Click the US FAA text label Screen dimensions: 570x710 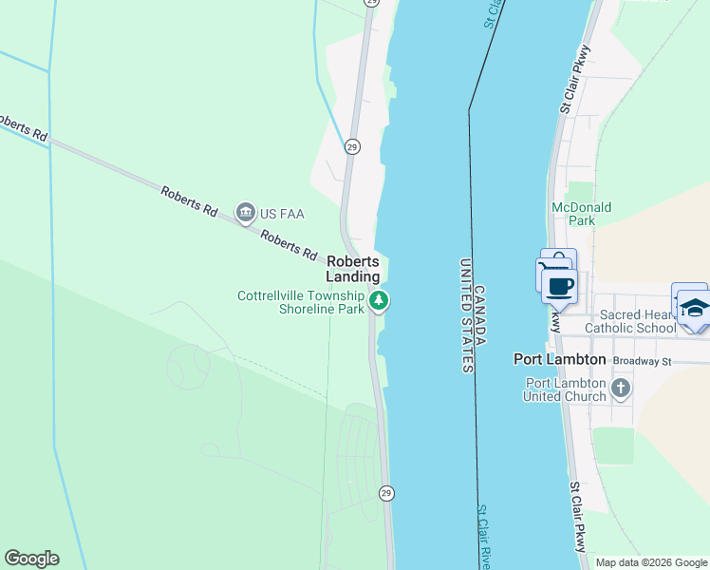283,214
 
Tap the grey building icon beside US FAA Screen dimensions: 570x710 246,213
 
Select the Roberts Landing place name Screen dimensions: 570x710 353,269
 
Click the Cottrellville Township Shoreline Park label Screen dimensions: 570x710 301,302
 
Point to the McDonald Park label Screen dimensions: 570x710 582,214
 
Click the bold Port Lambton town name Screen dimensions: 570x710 559,359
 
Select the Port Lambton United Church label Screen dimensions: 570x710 565,389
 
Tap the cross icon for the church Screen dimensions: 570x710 620,388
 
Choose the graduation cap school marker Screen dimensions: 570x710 694,306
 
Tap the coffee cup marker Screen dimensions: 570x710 560,284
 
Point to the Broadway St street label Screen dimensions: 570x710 642,361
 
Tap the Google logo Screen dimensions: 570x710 31,559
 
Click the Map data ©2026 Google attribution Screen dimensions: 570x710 651,562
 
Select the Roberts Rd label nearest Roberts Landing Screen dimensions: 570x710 289,247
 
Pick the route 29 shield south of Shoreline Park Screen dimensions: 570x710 385,493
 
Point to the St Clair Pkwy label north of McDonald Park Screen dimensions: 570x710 575,80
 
